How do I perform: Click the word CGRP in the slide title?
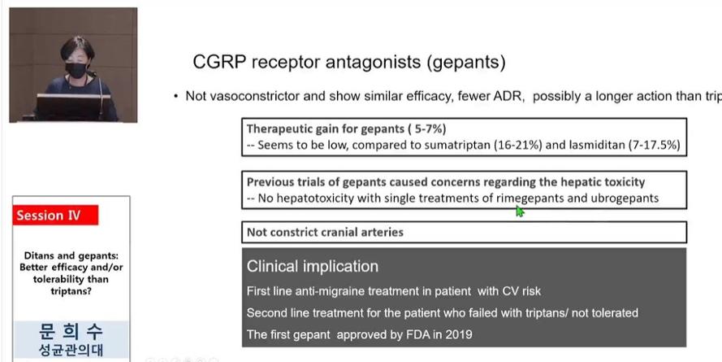(x=218, y=62)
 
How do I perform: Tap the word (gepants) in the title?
(x=465, y=63)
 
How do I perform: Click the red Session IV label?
(x=55, y=216)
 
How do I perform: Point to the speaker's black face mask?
(x=76, y=71)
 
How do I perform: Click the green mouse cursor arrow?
(x=520, y=212)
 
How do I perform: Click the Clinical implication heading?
(x=313, y=267)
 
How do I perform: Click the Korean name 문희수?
(x=71, y=332)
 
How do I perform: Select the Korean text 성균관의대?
(x=71, y=350)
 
